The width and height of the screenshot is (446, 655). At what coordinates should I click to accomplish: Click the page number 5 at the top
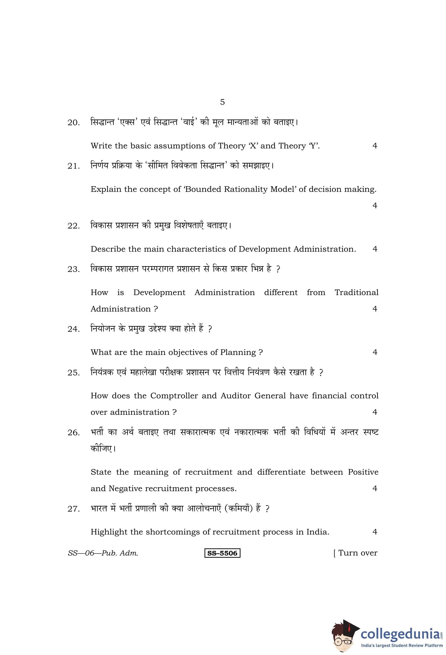(x=222, y=102)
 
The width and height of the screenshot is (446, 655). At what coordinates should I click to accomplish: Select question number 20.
(x=73, y=123)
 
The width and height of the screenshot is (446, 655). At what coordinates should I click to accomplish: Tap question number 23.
(x=73, y=269)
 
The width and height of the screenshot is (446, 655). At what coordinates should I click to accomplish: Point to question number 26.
(x=73, y=432)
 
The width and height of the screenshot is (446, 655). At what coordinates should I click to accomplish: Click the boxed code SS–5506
(x=222, y=553)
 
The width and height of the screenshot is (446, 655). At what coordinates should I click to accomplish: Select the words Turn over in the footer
(x=357, y=553)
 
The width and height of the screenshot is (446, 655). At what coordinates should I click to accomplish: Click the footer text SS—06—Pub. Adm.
(x=103, y=553)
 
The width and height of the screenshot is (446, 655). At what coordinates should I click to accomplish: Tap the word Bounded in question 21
(x=203, y=189)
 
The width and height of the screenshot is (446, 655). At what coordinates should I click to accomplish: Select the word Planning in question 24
(x=238, y=352)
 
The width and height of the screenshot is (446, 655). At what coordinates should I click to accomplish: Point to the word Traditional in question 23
(x=356, y=293)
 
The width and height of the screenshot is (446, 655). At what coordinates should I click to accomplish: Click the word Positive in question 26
(x=363, y=472)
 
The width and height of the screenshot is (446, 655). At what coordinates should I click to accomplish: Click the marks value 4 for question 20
(x=375, y=146)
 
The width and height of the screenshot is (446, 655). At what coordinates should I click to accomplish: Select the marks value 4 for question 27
(x=375, y=532)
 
